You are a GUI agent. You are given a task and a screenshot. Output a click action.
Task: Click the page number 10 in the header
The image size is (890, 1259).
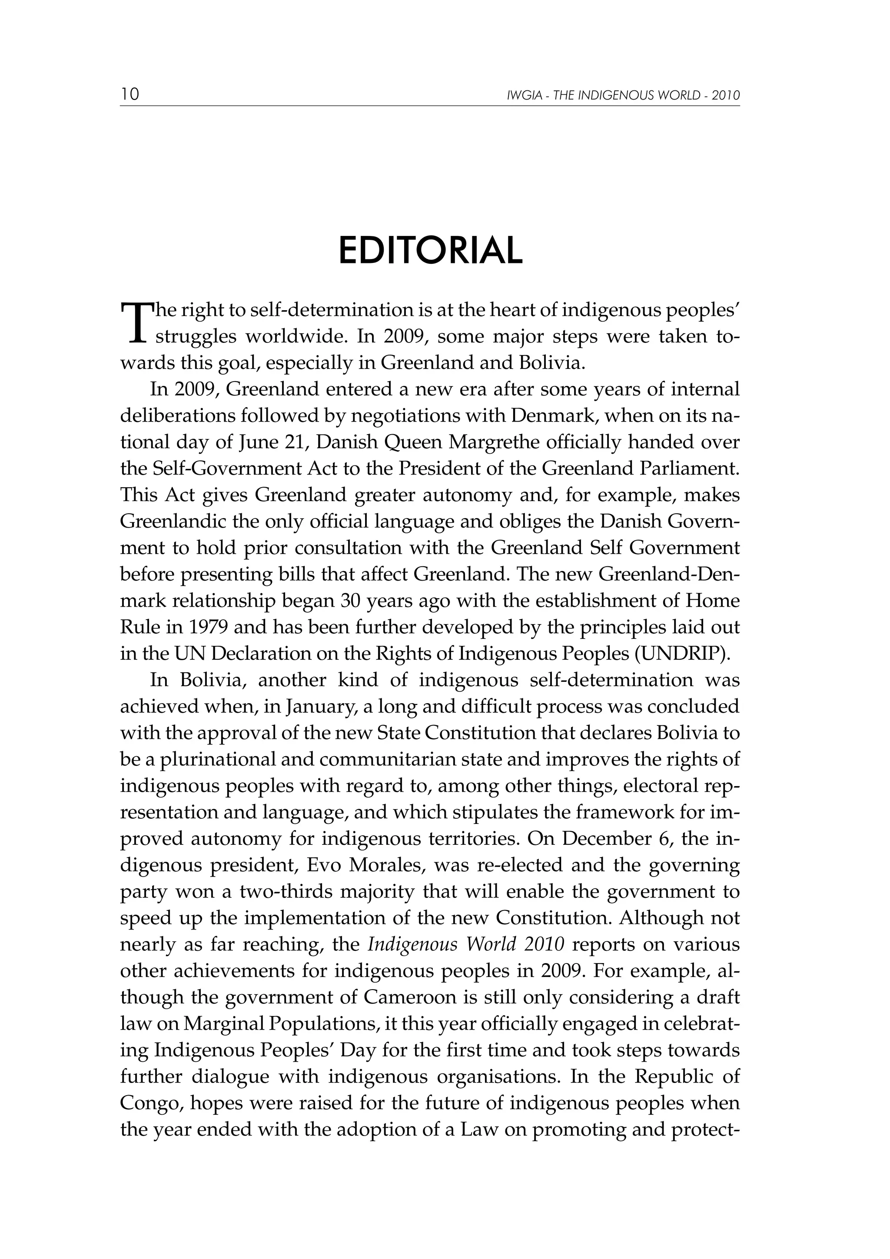(130, 94)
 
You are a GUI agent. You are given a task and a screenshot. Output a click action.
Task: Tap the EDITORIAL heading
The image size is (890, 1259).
(431, 251)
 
